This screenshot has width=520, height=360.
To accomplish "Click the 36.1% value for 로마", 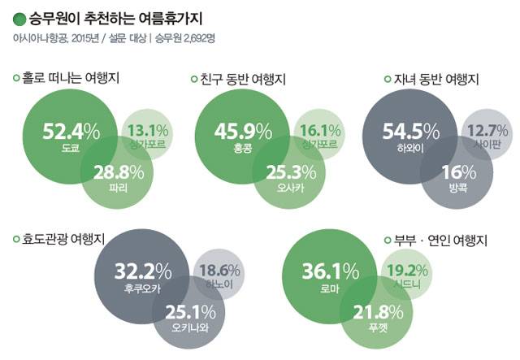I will pyautogui.click(x=330, y=271).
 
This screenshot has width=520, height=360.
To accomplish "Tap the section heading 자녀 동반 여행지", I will pyautogui.click(x=436, y=79).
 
